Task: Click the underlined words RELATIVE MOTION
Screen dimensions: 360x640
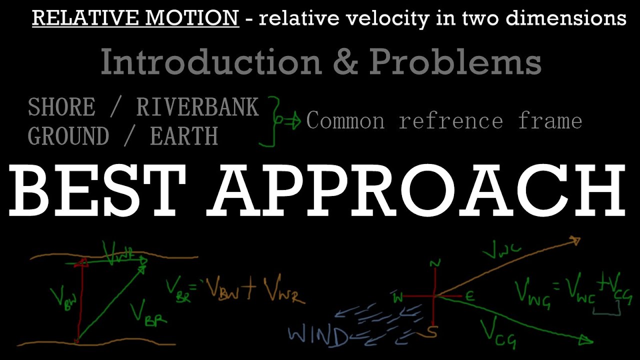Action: coord(135,18)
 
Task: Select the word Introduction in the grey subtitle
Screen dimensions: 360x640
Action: coord(210,62)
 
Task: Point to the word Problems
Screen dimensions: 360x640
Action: coord(455,63)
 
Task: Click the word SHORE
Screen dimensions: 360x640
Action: coord(61,107)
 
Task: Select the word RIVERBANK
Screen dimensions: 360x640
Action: coord(197,107)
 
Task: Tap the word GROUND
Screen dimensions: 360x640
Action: coord(68,136)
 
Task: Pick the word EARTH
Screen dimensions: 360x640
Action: coord(184,136)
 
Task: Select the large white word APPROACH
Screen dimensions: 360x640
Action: coord(418,191)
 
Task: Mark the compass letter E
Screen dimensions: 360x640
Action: coord(469,296)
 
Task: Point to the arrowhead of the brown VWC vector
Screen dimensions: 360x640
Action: coord(576,241)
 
